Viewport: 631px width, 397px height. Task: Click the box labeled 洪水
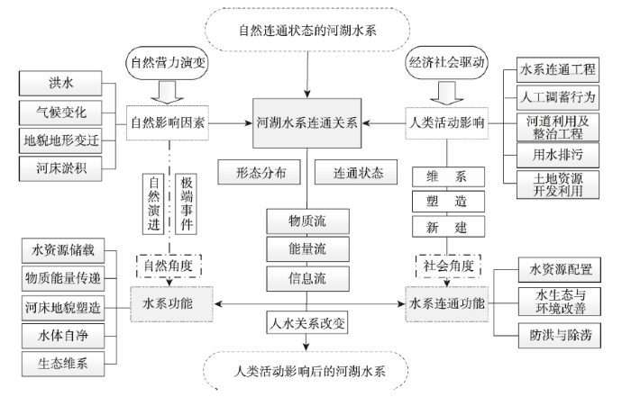60,83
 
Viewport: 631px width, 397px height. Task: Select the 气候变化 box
60,113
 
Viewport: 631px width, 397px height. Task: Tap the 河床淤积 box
60,168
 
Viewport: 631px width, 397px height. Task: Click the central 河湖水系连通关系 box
307,123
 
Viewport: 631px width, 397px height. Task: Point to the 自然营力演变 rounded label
168,63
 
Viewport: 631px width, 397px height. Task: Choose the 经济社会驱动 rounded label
447,62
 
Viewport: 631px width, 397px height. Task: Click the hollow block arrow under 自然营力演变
168,93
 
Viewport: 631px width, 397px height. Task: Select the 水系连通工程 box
558,69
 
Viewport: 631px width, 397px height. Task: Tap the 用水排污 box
558,155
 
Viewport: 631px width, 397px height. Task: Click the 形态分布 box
260,172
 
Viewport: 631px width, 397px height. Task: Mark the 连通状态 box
356,172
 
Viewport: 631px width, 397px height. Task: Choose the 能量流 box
307,249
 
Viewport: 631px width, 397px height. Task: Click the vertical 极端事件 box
186,203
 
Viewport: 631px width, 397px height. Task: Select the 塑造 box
448,202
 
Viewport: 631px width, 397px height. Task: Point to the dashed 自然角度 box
169,266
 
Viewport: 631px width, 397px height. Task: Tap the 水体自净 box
63,336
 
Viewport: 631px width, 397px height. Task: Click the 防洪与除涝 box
560,335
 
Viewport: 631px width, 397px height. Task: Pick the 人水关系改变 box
307,322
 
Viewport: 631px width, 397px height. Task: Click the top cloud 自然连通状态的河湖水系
307,30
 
